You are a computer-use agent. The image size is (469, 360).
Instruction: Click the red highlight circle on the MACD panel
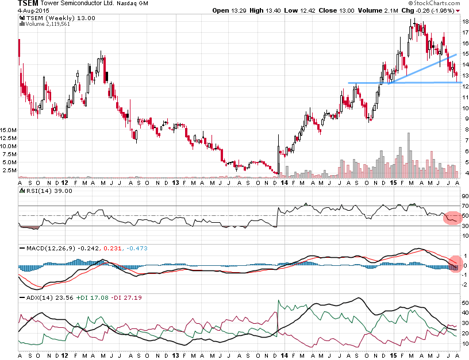[x=455, y=264]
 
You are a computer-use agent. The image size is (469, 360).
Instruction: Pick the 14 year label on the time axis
[x=285, y=183]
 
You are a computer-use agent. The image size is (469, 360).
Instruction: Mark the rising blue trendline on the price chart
[x=422, y=69]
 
